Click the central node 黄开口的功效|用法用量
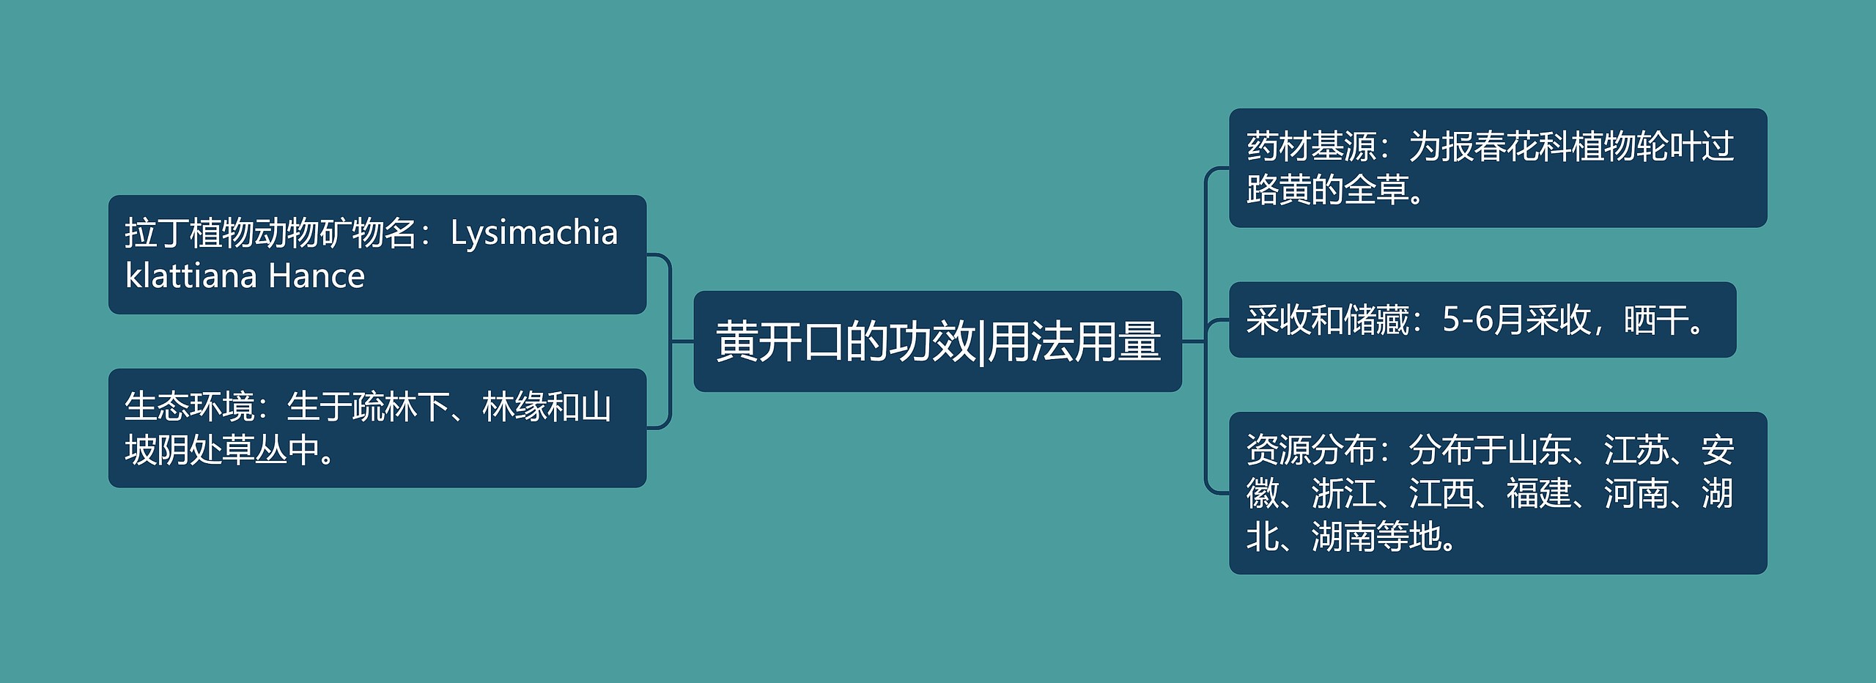(x=937, y=341)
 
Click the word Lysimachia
(x=533, y=233)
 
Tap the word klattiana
(x=191, y=276)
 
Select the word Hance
(x=316, y=276)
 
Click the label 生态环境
(x=189, y=407)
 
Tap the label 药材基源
(x=1311, y=147)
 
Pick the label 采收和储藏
(x=1327, y=320)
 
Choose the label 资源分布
(x=1311, y=450)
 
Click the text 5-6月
(x=1483, y=320)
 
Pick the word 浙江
(x=1343, y=493)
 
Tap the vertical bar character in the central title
(x=981, y=341)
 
